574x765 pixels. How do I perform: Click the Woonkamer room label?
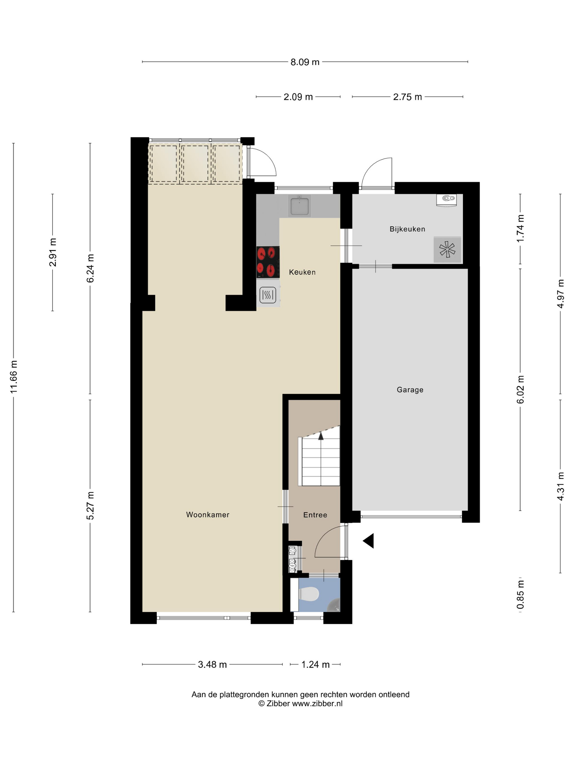click(207, 515)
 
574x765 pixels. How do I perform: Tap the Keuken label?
click(302, 272)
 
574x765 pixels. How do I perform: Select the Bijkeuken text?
click(407, 229)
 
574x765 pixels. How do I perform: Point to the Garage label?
click(410, 390)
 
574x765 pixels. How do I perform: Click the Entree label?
click(315, 515)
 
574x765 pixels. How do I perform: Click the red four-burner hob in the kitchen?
click(268, 262)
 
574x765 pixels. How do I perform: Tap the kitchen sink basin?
click(300, 206)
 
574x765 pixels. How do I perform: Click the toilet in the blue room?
click(309, 595)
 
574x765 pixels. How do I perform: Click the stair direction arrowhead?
click(321, 436)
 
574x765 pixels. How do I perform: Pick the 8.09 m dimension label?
click(305, 62)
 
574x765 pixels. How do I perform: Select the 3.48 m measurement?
click(212, 665)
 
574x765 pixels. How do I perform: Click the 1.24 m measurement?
click(315, 665)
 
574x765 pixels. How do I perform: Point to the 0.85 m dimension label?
click(520, 595)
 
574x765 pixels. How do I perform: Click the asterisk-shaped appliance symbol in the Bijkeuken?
click(447, 249)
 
